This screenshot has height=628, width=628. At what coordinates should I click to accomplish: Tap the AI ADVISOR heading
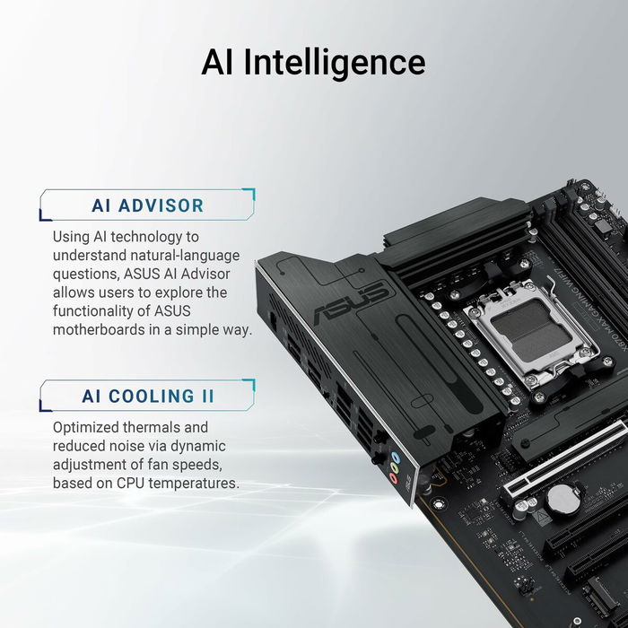[148, 205]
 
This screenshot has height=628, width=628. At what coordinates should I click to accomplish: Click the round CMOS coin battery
[563, 500]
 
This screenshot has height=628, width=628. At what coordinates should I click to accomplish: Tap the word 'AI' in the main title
[220, 62]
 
